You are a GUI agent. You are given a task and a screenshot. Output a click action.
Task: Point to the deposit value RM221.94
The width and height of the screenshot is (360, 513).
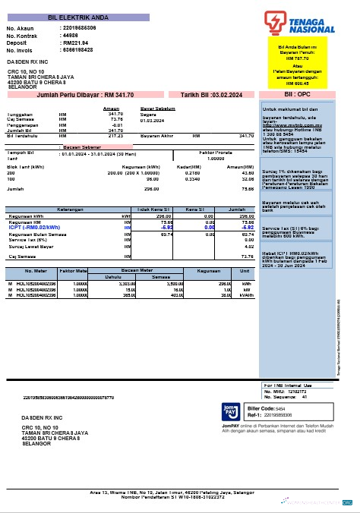click(76, 42)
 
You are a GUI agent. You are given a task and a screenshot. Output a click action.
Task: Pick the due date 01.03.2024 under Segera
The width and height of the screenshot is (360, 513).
click(151, 119)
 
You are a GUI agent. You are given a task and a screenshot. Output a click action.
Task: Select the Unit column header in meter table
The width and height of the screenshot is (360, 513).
click(244, 269)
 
